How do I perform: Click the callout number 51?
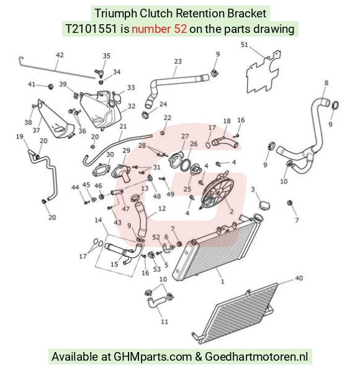point(245,44)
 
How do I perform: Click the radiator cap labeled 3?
point(264,205)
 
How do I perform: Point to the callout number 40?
point(299,278)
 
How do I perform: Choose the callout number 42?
point(60,55)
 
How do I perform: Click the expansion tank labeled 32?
point(101,110)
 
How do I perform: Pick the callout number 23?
point(178,61)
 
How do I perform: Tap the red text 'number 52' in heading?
point(160,29)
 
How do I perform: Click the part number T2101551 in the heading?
point(91,29)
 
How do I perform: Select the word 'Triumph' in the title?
point(115,14)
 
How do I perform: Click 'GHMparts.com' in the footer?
point(153,356)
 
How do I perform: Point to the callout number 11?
point(164,322)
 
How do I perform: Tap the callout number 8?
point(326,83)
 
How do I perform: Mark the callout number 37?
point(36,130)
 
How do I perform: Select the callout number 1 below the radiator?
point(222,281)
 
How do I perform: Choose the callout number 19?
point(20,137)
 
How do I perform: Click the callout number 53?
point(157,269)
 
